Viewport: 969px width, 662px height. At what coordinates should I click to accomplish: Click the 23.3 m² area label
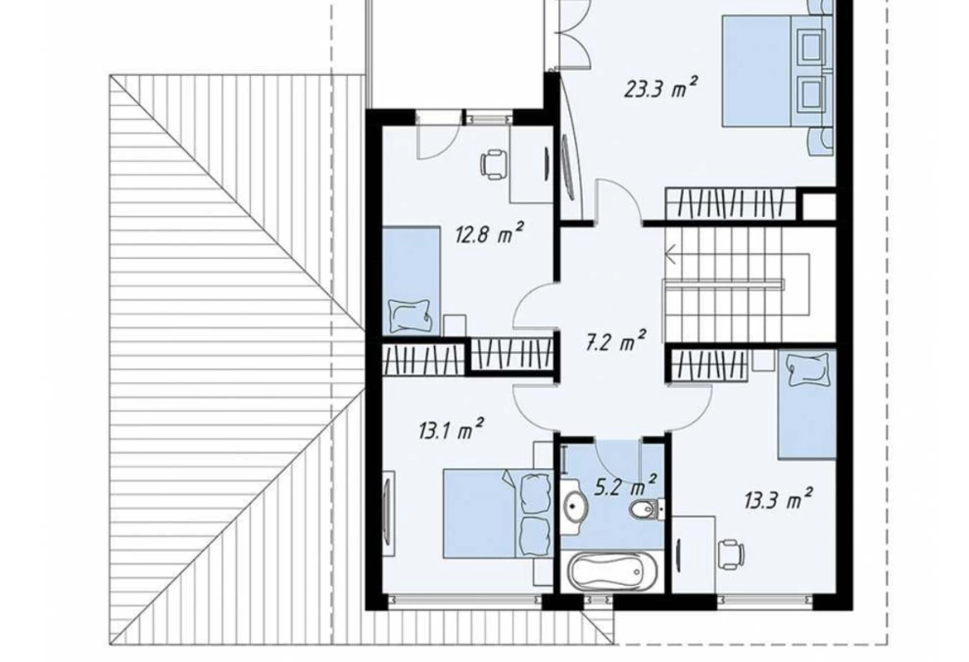pos(661,88)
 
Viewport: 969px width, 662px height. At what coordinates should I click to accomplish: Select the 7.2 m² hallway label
pos(615,341)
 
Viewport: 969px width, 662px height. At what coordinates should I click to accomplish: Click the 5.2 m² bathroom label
pos(624,487)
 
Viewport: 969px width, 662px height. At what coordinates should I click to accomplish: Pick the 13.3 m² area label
pos(778,499)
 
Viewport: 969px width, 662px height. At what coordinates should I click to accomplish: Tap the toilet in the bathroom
pos(644,508)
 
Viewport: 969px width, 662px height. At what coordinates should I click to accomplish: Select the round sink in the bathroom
pos(576,504)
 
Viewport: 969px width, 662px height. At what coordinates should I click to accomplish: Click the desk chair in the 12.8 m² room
pos(493,165)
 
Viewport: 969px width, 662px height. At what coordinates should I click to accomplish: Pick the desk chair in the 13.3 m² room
pos(730,552)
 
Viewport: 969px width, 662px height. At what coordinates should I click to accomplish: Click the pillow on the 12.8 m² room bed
pos(410,316)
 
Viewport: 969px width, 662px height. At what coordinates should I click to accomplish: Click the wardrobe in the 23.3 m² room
pos(729,204)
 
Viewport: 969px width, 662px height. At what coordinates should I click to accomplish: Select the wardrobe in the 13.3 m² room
pos(710,364)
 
